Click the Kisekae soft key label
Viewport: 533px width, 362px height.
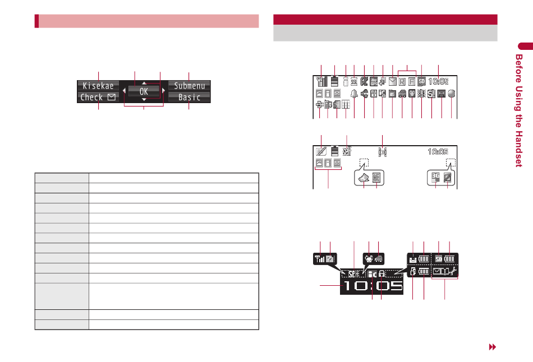pos(98,86)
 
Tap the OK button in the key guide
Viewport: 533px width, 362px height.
pos(144,91)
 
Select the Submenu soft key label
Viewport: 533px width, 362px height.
pos(190,86)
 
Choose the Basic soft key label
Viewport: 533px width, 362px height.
pos(189,97)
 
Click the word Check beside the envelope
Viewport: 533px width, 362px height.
pos(91,97)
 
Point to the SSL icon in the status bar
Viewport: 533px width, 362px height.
pos(354,81)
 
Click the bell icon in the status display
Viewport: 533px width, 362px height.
pos(354,94)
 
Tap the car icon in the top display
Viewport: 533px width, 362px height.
pos(402,94)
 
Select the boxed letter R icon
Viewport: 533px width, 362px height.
pos(402,81)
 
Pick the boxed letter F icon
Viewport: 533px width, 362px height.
pos(412,81)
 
